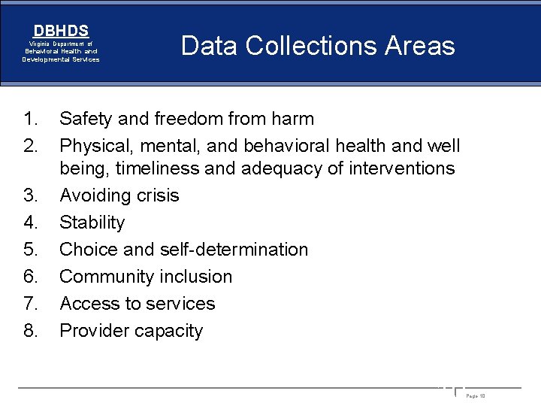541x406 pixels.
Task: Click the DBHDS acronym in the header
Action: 61,31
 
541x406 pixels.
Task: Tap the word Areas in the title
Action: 420,47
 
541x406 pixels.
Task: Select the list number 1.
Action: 30,119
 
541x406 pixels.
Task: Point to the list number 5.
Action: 30,250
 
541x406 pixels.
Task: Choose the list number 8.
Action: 30,331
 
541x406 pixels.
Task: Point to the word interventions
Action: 402,168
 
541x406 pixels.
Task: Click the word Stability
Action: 92,223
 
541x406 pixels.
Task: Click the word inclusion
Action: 198,277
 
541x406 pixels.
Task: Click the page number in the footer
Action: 476,395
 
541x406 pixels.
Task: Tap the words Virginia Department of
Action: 61,44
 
